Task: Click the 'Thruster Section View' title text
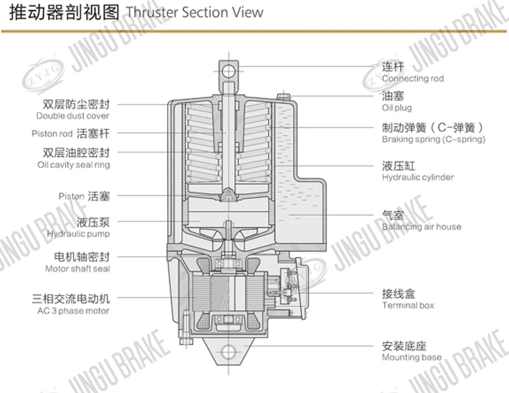[194, 13]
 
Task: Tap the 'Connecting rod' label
[413, 79]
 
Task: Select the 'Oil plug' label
[397, 108]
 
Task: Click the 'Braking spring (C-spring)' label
[433, 139]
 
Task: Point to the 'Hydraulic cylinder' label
[418, 177]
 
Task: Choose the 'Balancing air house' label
[421, 226]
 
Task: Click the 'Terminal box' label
[408, 305]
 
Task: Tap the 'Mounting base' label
[412, 357]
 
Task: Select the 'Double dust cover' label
[73, 116]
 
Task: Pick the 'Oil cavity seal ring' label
[73, 165]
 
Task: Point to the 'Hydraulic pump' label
[78, 234]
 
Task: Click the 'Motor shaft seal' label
[78, 269]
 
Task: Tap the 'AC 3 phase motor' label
[73, 311]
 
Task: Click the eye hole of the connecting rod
[228, 71]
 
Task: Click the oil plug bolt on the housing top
[284, 96]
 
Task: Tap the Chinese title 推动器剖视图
[64, 13]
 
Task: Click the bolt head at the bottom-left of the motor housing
[186, 341]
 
